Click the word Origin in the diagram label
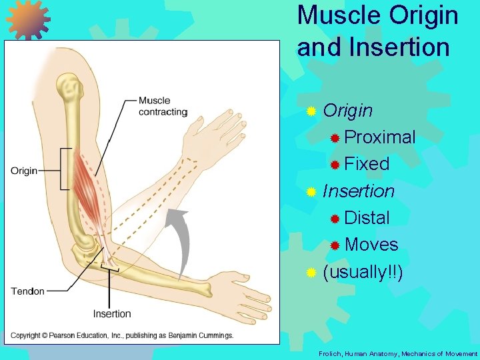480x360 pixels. (24, 171)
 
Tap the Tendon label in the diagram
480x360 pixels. (28, 291)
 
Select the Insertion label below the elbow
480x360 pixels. (112, 313)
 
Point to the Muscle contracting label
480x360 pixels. (163, 107)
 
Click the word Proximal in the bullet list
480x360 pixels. (381, 137)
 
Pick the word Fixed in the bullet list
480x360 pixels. (367, 164)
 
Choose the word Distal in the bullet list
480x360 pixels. (367, 217)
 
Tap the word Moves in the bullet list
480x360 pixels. (372, 245)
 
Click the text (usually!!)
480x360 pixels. (363, 272)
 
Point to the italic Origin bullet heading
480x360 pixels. (347, 110)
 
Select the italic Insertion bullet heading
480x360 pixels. (359, 191)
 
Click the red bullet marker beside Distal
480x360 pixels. (335, 219)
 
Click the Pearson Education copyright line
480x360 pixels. (122, 335)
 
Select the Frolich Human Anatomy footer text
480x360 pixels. (398, 353)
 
